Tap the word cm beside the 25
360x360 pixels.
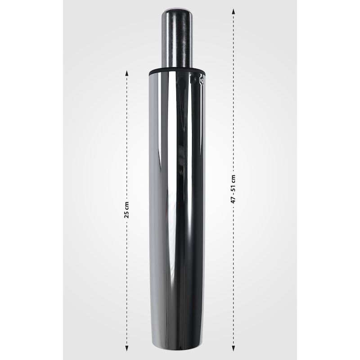pyautogui.click(x=127, y=206)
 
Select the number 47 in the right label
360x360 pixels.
pyautogui.click(x=233, y=200)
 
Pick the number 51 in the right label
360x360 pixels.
pyautogui.click(x=233, y=187)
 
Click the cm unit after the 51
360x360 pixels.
pyautogui.click(x=234, y=179)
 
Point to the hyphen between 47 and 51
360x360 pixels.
pyautogui.click(x=234, y=193)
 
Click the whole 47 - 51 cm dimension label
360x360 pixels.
pyautogui.click(x=233, y=189)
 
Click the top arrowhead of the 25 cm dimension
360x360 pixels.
pyautogui.click(x=126, y=73)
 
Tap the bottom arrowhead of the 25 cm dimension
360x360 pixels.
pyautogui.click(x=126, y=348)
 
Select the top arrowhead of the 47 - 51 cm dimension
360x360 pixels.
pyautogui.click(x=233, y=12)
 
